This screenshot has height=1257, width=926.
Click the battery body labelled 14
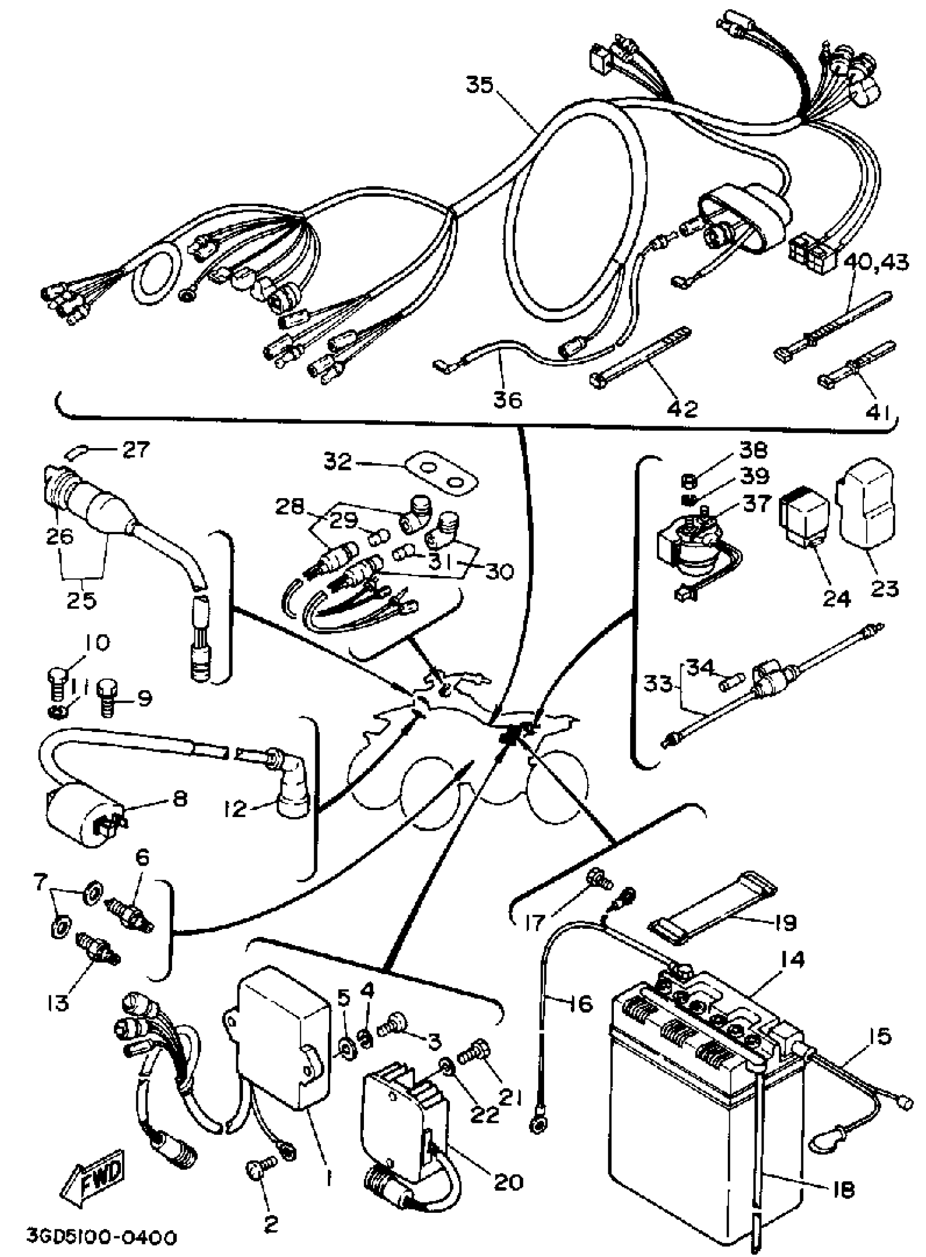point(706,1099)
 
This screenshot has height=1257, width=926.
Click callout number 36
point(508,400)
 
